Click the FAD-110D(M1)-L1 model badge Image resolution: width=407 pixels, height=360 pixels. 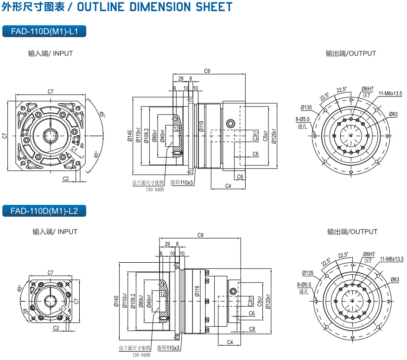(44, 32)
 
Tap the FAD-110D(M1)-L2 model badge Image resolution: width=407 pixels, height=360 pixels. (44, 211)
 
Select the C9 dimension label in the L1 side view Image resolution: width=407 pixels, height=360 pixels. (207, 71)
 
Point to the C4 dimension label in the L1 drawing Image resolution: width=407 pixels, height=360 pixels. (228, 186)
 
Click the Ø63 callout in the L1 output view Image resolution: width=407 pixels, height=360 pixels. (393, 114)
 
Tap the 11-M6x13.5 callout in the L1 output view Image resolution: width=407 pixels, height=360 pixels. (390, 94)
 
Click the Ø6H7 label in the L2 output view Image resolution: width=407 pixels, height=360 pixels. (369, 254)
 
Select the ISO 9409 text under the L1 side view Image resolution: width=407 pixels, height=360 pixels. (155, 189)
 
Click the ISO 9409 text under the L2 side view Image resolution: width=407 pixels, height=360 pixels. (141, 354)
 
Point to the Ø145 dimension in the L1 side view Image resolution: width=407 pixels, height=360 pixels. (130, 135)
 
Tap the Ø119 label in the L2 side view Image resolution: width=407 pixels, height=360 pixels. (197, 291)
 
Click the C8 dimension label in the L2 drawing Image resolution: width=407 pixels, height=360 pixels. (252, 328)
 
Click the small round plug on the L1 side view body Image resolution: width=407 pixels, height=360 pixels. (230, 123)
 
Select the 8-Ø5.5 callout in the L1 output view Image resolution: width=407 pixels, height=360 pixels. (302, 119)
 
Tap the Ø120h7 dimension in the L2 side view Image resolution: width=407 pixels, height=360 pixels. (267, 301)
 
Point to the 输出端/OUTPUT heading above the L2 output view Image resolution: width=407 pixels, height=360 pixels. (352, 232)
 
